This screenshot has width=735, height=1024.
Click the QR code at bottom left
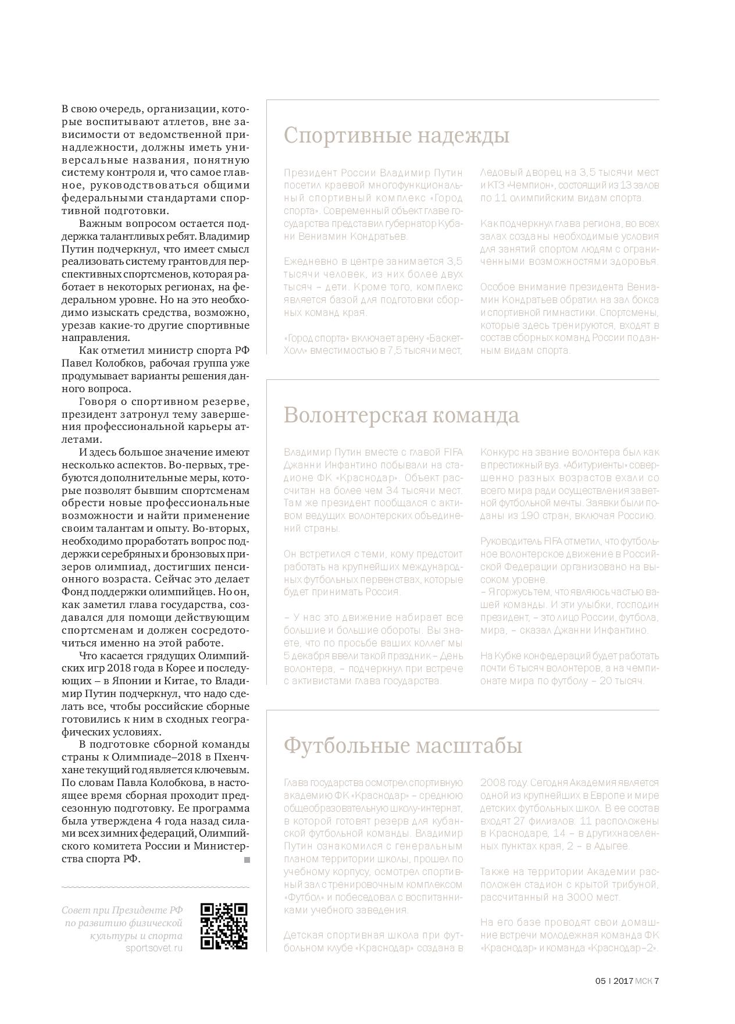tap(224, 926)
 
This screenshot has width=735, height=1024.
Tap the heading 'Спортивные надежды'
tap(396, 136)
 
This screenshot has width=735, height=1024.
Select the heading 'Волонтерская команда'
tap(401, 415)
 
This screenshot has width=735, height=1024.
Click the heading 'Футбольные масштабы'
tap(402, 745)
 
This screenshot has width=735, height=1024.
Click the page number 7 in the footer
tap(656, 980)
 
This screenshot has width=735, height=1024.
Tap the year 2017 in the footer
tap(623, 980)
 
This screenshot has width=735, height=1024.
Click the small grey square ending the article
tap(247, 859)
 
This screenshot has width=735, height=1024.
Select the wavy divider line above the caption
tap(155, 887)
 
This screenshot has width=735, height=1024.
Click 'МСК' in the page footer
tap(644, 980)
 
